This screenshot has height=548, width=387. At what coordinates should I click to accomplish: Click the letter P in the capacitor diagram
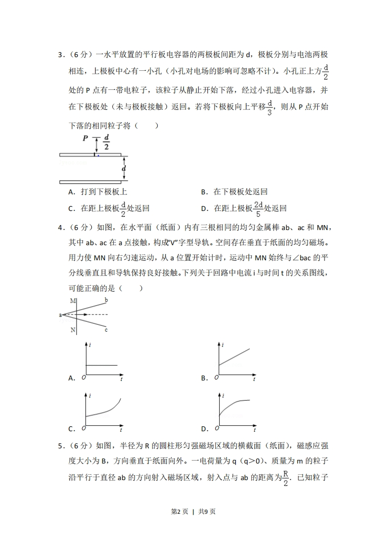point(85,138)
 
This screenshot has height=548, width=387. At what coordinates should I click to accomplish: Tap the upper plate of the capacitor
point(90,155)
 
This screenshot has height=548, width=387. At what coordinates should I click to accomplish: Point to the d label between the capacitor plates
point(124,169)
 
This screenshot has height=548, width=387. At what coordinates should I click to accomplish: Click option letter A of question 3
point(71,192)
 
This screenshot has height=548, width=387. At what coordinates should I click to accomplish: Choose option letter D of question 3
point(204,209)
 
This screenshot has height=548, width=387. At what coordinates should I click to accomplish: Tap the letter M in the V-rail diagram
point(73,300)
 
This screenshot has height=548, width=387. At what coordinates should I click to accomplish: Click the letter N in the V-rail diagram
point(73,330)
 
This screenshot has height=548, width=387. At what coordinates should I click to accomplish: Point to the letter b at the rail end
point(106,299)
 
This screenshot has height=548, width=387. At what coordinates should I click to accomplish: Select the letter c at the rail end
point(106,330)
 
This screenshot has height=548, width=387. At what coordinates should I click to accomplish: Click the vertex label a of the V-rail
point(61,315)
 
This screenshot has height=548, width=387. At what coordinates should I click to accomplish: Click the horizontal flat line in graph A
point(102,365)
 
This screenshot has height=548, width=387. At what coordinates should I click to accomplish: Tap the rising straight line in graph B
point(234,357)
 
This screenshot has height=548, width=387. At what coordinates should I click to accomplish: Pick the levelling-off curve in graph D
point(234,404)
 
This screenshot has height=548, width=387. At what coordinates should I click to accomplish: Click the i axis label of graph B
point(223,345)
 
